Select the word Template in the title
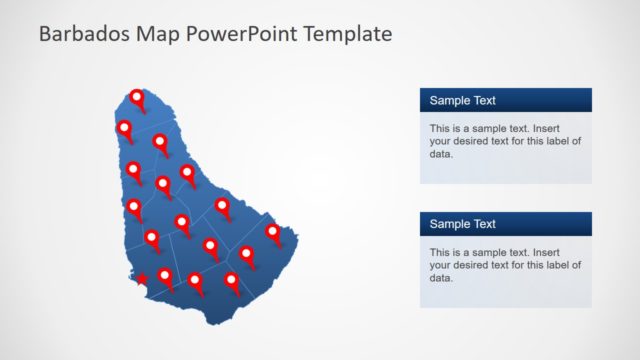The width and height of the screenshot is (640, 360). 346,34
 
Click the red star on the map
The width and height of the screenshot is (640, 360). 142,279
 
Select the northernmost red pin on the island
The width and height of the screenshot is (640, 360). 137,98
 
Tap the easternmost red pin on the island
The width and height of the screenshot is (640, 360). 273,232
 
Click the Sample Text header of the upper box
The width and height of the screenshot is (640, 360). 462,101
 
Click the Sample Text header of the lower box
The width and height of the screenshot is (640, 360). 462,224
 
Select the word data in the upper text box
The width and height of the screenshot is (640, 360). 441,154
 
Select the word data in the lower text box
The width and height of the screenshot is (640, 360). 441,278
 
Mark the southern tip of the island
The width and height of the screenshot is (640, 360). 215,321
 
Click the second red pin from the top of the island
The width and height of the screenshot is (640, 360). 125,128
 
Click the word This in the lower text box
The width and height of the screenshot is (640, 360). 440,253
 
